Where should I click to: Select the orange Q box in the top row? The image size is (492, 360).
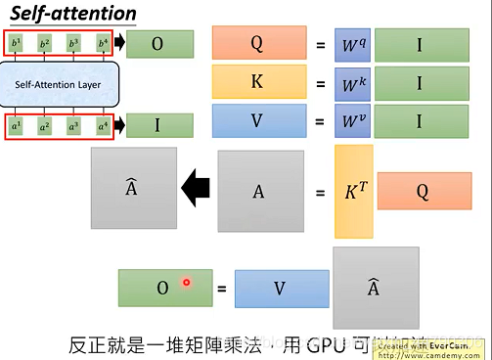(257, 44)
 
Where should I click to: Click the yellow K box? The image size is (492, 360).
(257, 82)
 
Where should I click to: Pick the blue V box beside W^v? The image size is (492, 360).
(257, 122)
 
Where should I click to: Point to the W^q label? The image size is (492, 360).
(354, 44)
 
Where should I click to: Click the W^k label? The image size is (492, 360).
(354, 83)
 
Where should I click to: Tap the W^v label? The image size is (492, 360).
(354, 122)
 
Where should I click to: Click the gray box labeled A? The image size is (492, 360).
(259, 192)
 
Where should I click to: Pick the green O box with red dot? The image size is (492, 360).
(164, 288)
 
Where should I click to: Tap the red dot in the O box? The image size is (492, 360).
(185, 284)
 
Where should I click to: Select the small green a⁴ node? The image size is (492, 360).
(102, 126)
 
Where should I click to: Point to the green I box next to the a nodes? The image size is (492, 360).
(158, 125)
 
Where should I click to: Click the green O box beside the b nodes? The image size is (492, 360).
(158, 43)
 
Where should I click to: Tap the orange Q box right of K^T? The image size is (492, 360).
(423, 192)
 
